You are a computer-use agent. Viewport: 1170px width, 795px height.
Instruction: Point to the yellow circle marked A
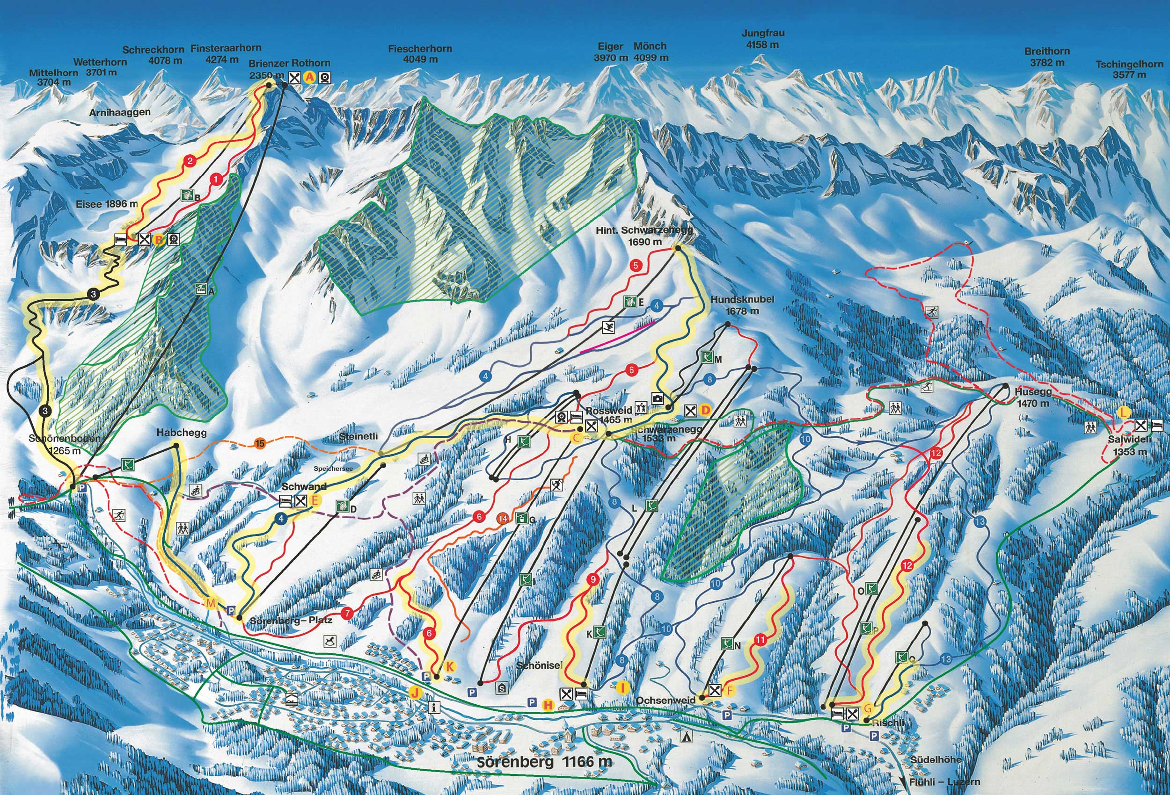[x=310, y=78]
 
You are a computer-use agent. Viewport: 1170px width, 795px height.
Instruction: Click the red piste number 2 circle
[x=190, y=161]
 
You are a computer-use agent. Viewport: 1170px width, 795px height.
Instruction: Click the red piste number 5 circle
[x=636, y=266]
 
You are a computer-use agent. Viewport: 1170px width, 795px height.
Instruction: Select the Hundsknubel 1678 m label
[x=742, y=305]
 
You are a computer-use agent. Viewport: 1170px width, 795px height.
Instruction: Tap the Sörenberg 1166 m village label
[x=544, y=761]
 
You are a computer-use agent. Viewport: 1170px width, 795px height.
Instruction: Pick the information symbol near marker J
[x=434, y=707]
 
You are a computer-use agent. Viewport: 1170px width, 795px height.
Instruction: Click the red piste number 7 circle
[x=347, y=614]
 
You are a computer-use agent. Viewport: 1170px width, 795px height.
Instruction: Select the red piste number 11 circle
[x=760, y=641]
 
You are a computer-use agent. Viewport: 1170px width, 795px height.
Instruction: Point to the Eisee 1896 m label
[x=107, y=204]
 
